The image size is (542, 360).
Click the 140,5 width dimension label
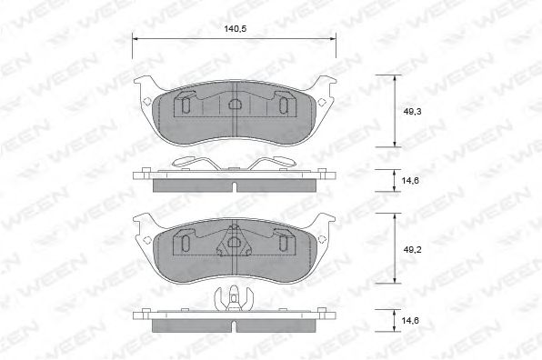tap(236, 28)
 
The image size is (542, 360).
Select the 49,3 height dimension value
tap(412, 110)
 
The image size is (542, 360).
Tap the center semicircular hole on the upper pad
tap(235, 105)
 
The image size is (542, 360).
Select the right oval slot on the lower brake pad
tap(284, 244)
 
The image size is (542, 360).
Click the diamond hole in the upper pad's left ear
tap(146, 99)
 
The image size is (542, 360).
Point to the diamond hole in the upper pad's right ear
tap(324, 99)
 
